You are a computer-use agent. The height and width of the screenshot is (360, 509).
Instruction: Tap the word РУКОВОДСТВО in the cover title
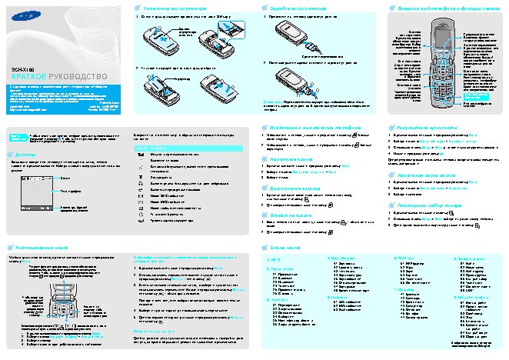coord(76,77)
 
